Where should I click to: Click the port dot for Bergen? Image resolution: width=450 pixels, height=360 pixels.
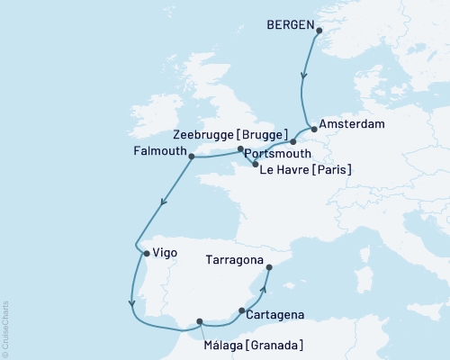pos(319,30)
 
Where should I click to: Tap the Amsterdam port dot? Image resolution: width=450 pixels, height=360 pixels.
pos(313,128)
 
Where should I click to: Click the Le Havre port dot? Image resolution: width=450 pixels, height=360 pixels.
pos(256,165)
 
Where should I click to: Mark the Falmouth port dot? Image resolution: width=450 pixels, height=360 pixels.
pos(192,156)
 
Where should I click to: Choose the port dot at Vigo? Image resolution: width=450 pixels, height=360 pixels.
pos(146,253)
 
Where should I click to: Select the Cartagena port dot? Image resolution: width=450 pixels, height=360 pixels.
pos(242,310)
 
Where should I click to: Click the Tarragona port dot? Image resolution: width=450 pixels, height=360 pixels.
pos(269,267)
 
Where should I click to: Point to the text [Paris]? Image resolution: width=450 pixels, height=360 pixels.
pos(328,169)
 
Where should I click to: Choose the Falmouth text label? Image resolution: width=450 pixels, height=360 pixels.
pos(158,151)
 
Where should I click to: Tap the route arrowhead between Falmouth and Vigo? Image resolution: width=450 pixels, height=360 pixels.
pos(162,206)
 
